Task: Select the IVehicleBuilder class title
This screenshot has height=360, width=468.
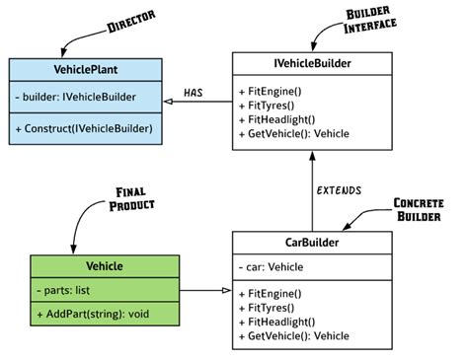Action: pos(311,65)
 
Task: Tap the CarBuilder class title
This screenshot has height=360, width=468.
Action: pos(311,243)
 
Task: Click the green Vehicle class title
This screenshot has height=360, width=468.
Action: pos(104,266)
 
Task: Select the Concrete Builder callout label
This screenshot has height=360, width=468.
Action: pos(418,208)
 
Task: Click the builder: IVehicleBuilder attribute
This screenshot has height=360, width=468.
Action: pos(78,98)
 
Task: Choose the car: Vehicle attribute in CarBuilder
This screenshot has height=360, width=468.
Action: pos(272,266)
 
